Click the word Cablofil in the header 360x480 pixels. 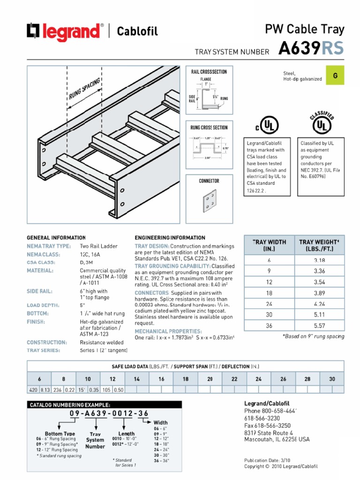pyautogui.click(x=137, y=31)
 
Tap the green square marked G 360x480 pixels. pyautogui.click(x=335, y=76)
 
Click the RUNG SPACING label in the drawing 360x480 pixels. pyautogui.click(x=85, y=90)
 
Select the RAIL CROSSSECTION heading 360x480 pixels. pyautogui.click(x=209, y=72)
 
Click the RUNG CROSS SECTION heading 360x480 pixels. pyautogui.click(x=209, y=127)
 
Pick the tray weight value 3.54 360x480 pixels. pyautogui.click(x=319, y=282)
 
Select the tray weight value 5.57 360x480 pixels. pyautogui.click(x=319, y=325)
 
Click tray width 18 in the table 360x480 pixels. pyautogui.click(x=269, y=292)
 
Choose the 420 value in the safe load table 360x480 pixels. pyautogui.click(x=33, y=390)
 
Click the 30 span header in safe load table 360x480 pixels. pyautogui.click(x=332, y=379)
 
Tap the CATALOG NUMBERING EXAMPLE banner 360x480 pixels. pyautogui.click(x=70, y=405)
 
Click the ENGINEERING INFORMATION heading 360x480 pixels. pyautogui.click(x=170, y=238)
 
